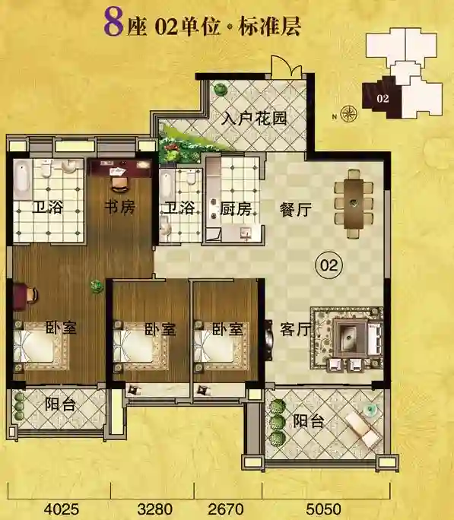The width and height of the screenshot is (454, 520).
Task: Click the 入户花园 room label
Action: [x=254, y=119]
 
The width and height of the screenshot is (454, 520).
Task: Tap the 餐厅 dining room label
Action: [x=295, y=210]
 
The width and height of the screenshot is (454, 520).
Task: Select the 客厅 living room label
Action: [x=295, y=329]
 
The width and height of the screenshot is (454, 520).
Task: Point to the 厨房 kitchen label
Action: [x=236, y=208]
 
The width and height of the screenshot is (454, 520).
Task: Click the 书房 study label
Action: [x=119, y=208]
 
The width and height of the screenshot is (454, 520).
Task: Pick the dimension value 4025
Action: [x=62, y=509]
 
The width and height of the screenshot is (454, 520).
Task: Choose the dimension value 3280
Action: [x=155, y=509]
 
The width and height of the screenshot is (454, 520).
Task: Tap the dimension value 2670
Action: [x=226, y=509]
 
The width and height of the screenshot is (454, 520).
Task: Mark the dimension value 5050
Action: [x=323, y=509]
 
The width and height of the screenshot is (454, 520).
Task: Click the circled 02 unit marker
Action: [x=329, y=265]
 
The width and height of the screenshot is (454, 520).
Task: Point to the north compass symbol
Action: [x=349, y=114]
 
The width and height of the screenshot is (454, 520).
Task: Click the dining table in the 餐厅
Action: [x=354, y=203]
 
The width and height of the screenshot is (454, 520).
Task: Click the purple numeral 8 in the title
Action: [x=113, y=23]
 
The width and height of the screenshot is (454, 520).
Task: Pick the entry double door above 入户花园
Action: [x=287, y=68]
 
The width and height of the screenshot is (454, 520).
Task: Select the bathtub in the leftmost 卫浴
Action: [x=22, y=179]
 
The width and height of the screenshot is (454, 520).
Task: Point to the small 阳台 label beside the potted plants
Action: [x=60, y=404]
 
